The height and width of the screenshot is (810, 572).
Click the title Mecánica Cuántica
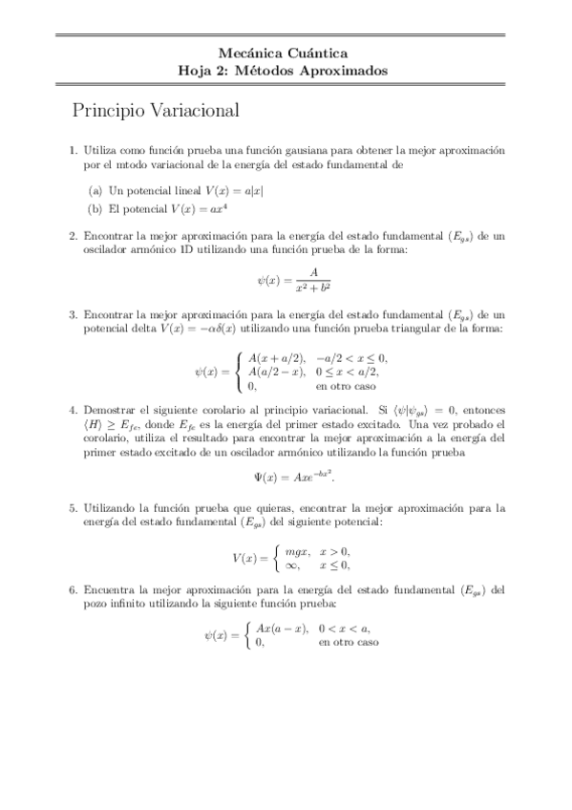coord(284,53)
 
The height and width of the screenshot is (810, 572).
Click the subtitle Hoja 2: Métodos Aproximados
coord(284,71)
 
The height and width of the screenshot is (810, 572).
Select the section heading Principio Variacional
coord(155,111)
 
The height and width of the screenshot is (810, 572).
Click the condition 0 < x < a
coord(348,629)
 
